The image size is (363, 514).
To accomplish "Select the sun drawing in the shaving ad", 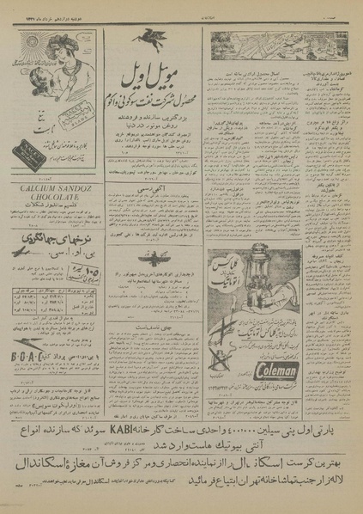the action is coord(17,69).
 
